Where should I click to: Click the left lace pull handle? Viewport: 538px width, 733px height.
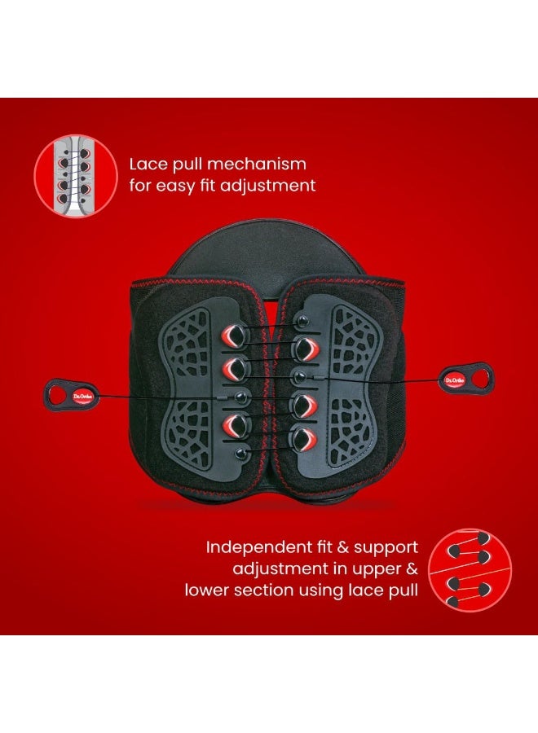71,395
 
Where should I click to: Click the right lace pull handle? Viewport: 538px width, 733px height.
466,380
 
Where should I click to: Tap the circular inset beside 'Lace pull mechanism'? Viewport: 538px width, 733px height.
76,176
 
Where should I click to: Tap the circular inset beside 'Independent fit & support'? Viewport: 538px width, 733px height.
470,570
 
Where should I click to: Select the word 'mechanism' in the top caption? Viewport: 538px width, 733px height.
257,164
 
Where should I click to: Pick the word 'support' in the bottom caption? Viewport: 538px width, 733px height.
386,548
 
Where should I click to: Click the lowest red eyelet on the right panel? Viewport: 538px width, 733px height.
305,439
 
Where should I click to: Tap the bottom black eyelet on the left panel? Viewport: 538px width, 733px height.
241,453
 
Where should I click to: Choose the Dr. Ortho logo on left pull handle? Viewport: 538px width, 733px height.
83,397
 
